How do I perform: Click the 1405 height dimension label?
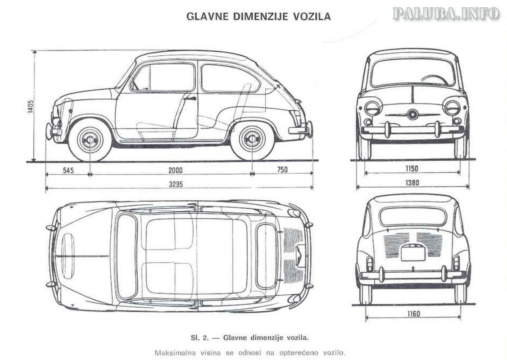(x=31, y=106)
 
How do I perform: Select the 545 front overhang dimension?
(x=68, y=170)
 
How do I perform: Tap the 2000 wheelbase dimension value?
(x=175, y=170)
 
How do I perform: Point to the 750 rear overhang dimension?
(x=282, y=170)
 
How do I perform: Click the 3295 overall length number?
(x=176, y=184)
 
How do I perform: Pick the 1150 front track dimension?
(x=412, y=169)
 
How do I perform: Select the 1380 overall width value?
(x=412, y=183)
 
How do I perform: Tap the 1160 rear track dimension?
(x=413, y=314)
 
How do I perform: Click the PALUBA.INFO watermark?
(x=446, y=13)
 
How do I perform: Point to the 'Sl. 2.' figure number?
(x=199, y=338)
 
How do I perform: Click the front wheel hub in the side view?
(x=90, y=139)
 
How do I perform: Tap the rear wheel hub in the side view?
(x=252, y=139)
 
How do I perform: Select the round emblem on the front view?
(x=412, y=114)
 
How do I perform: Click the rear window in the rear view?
(x=412, y=216)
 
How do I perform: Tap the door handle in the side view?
(x=188, y=98)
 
